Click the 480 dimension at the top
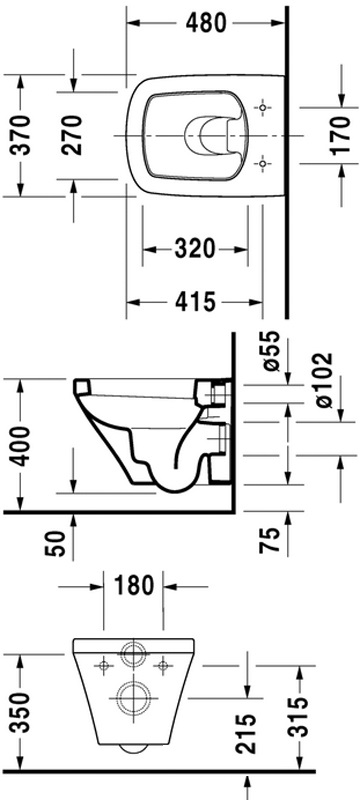pyautogui.click(x=205, y=22)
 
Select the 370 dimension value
pyautogui.click(x=22, y=136)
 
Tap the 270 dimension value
pyautogui.click(x=71, y=135)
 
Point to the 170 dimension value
pyautogui.click(x=341, y=135)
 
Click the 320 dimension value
pyautogui.click(x=194, y=249)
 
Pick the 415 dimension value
pyautogui.click(x=195, y=302)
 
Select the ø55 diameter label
pyautogui.click(x=271, y=351)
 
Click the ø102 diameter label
pyautogui.click(x=323, y=380)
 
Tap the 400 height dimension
pyautogui.click(x=22, y=445)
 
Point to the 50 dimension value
pyautogui.click(x=58, y=542)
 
